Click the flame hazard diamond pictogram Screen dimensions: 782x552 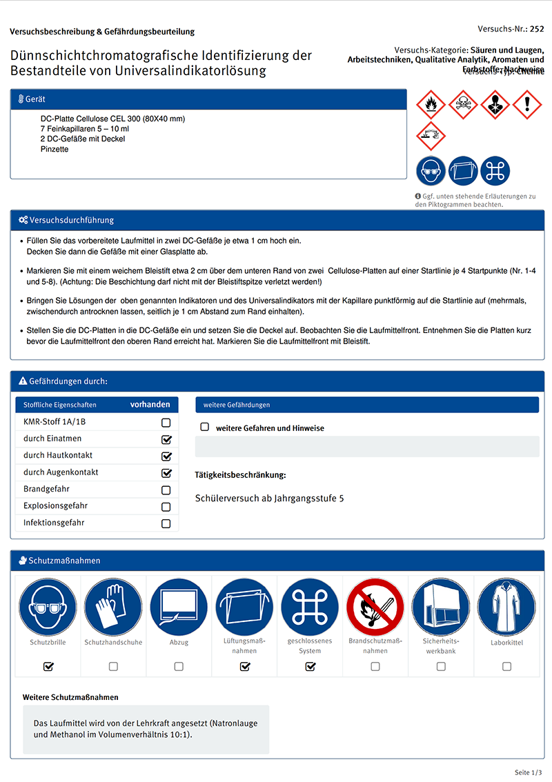tap(431, 105)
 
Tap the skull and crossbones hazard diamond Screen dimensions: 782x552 tap(463, 105)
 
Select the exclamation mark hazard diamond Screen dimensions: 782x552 tap(527, 105)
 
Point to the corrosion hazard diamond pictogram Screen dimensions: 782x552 tap(431, 136)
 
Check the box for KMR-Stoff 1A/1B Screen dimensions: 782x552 tap(166, 423)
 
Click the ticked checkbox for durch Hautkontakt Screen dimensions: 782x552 tap(166, 456)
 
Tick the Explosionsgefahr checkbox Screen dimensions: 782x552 tap(166, 507)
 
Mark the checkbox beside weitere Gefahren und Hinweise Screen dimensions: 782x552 tap(204, 428)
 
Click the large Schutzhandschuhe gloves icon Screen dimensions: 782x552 tap(113, 607)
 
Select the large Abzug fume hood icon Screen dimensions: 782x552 tap(179, 607)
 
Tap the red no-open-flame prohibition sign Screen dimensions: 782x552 tap(375, 607)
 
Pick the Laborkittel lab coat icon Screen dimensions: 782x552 tap(506, 607)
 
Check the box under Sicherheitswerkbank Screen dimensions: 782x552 tap(441, 666)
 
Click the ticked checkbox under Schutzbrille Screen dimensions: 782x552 tap(48, 666)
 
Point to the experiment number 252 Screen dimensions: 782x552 tap(537, 29)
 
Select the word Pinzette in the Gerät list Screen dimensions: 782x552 tap(55, 149)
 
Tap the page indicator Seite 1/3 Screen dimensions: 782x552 tap(529, 772)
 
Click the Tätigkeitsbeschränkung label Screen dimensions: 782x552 tap(240, 475)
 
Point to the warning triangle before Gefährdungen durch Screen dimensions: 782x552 tap(23, 381)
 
